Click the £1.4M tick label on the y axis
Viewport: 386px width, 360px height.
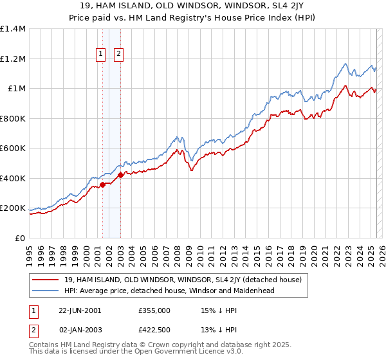(x=14, y=29)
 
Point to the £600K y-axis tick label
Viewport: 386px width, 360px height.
(x=14, y=148)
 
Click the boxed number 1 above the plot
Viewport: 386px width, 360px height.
(x=102, y=55)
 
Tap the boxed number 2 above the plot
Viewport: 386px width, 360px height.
(x=120, y=55)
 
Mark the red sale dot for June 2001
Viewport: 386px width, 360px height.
(x=102, y=185)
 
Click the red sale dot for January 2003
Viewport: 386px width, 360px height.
(x=120, y=175)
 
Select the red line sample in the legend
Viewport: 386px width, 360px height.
(x=45, y=279)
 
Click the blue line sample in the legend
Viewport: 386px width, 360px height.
(x=45, y=291)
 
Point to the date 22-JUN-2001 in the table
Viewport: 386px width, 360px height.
(x=80, y=310)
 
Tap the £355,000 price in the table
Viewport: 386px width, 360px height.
(x=154, y=310)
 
